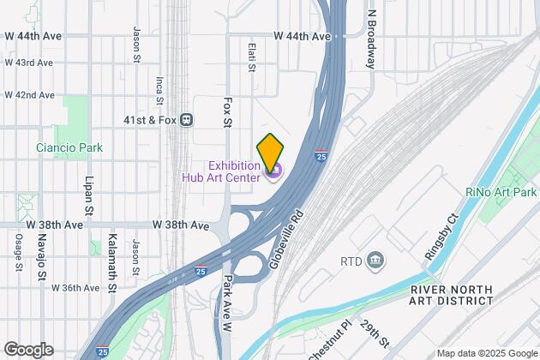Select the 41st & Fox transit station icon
186,121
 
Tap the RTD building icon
375,260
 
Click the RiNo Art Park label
501,192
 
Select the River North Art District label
452,294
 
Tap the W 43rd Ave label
28,63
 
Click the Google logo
27,350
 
